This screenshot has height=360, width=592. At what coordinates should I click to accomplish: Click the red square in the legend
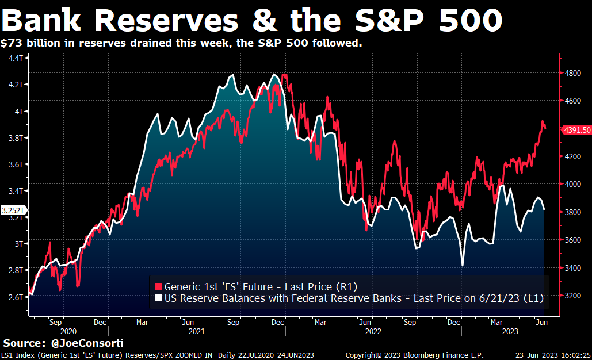tap(158, 286)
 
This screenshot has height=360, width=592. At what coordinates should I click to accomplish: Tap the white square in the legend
tap(158, 298)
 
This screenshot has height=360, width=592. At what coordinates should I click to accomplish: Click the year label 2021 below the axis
tap(197, 332)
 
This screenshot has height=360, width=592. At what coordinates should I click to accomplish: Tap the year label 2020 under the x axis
tap(68, 332)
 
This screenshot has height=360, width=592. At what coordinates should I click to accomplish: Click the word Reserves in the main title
tap(167, 21)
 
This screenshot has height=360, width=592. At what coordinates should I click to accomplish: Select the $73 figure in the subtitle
tap(11, 43)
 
